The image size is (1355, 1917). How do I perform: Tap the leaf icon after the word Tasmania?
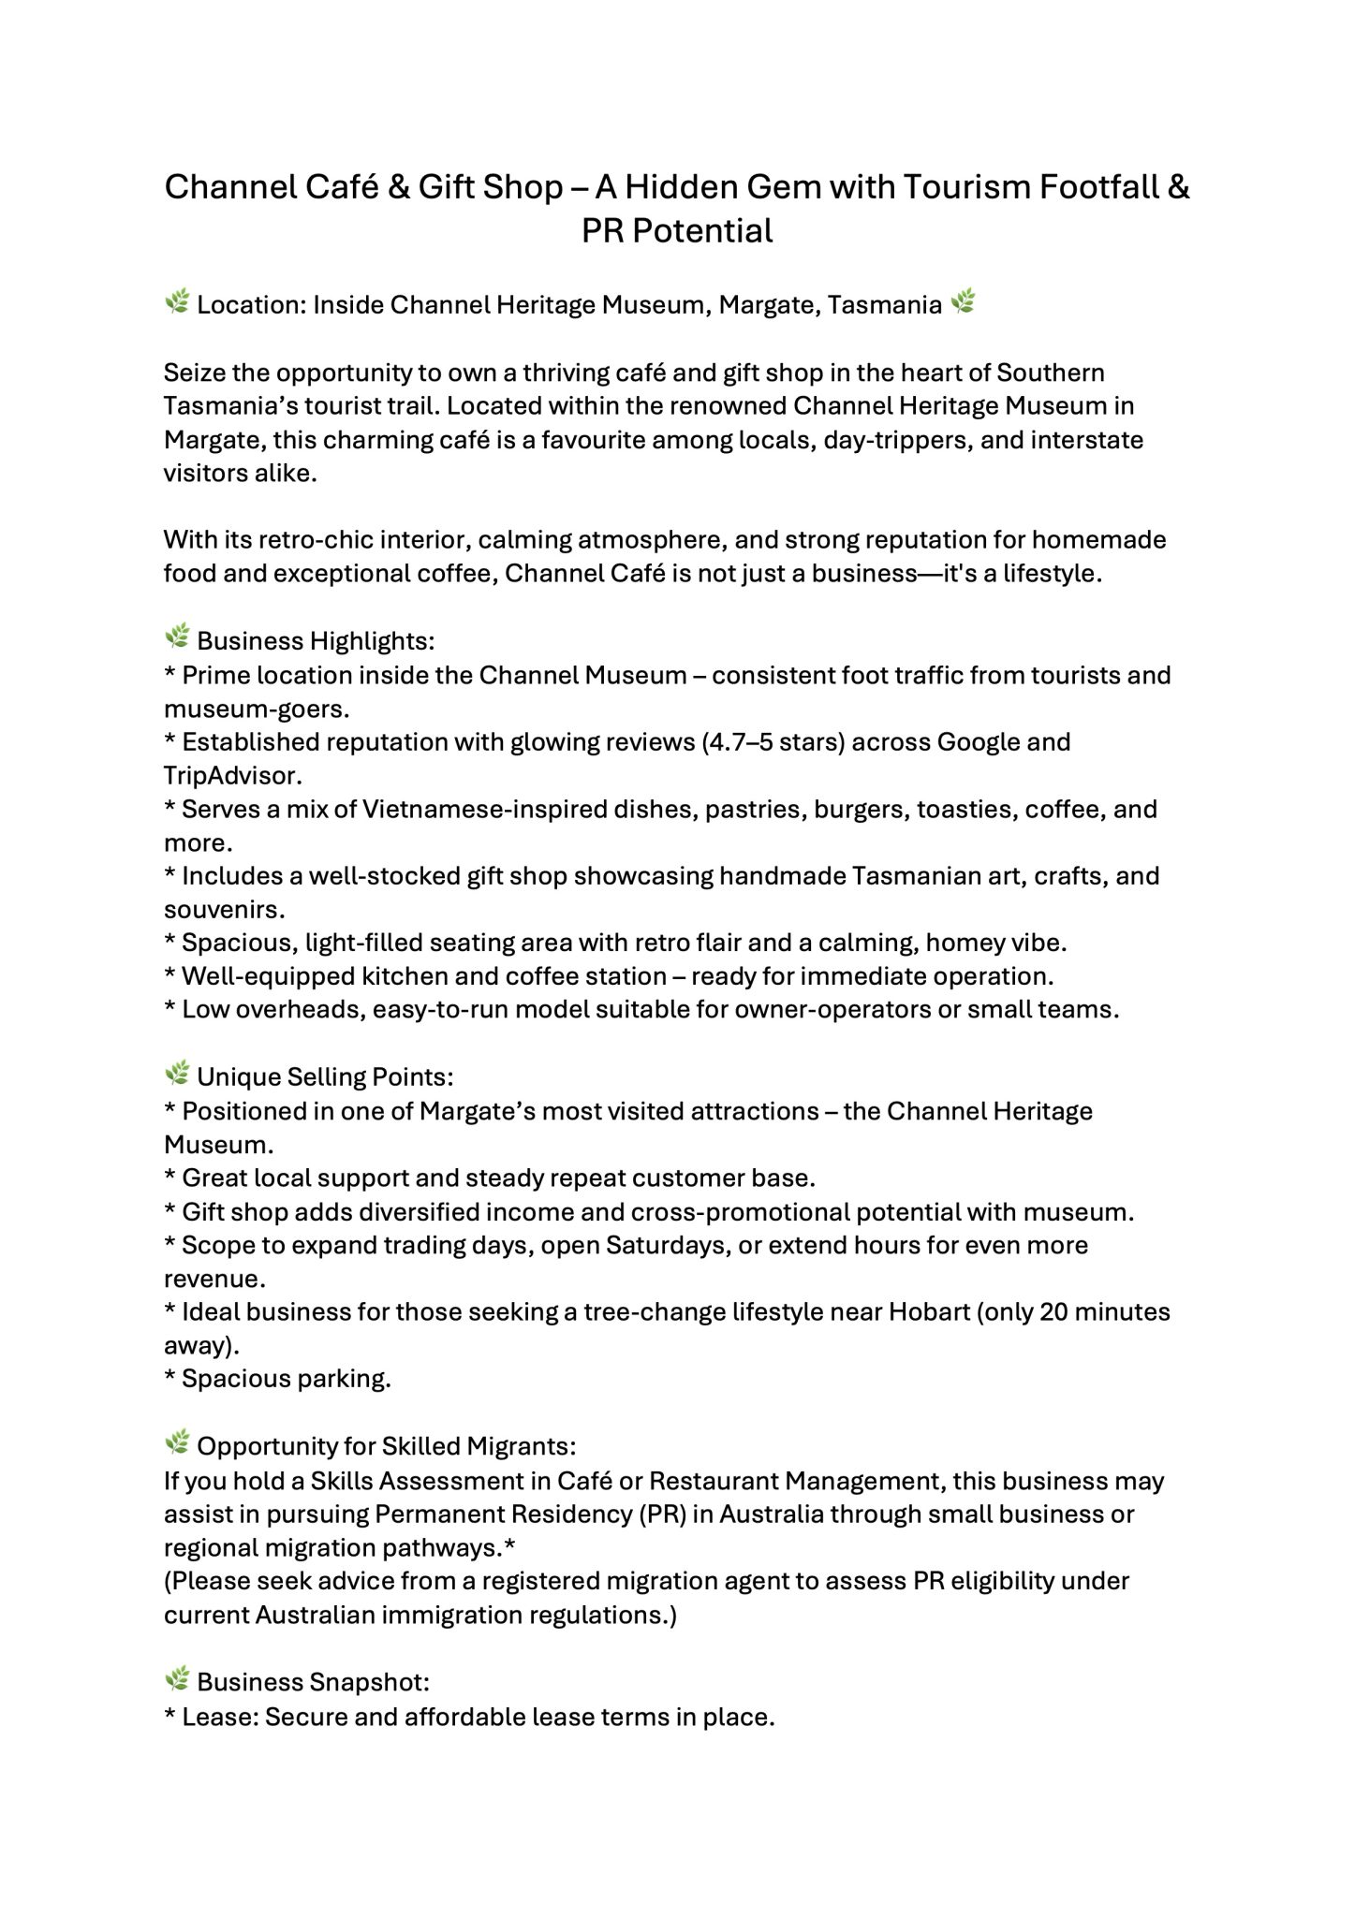(963, 302)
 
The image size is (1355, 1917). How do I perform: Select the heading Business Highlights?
(316, 641)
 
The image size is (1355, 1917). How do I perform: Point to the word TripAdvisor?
(232, 776)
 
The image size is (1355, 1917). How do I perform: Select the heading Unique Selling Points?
(325, 1077)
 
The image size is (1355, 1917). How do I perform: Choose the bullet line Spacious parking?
(286, 1380)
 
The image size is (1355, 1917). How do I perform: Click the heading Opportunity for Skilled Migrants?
(386, 1446)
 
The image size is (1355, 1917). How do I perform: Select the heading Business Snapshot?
(313, 1682)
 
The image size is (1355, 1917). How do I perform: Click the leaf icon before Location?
(177, 302)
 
